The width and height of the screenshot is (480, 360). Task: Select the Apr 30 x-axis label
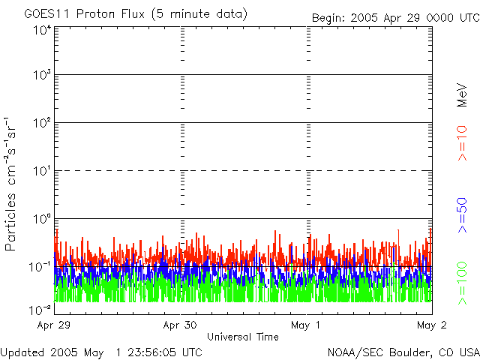pyautogui.click(x=180, y=325)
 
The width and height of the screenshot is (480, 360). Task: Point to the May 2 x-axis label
pyautogui.click(x=431, y=325)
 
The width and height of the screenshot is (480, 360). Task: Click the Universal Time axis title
pyautogui.click(x=243, y=337)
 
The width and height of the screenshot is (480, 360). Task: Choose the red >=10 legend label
pyautogui.click(x=462, y=143)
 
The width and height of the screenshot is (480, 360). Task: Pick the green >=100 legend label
pyautogui.click(x=462, y=283)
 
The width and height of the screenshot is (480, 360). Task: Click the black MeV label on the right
pyautogui.click(x=462, y=95)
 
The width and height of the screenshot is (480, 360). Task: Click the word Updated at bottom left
pyautogui.click(x=23, y=352)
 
